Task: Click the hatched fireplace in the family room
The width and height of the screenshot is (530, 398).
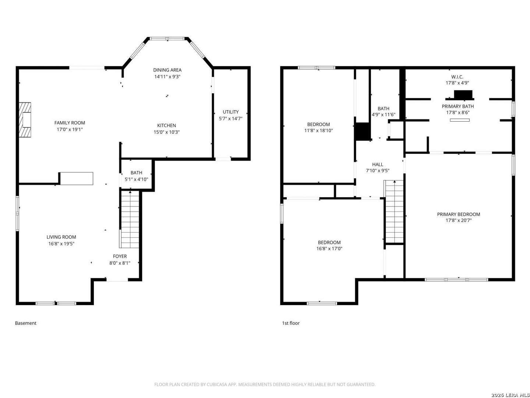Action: click(25, 120)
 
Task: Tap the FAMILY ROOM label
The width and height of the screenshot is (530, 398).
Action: click(70, 123)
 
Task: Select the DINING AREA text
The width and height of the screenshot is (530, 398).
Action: click(167, 70)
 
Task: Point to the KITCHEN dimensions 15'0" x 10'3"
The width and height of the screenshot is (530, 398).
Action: click(167, 132)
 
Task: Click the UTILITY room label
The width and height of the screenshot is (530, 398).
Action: click(231, 112)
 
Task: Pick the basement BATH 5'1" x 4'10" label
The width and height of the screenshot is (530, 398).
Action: click(137, 176)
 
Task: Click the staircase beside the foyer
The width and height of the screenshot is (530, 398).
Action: click(130, 219)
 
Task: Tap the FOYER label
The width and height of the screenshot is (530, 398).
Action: click(120, 256)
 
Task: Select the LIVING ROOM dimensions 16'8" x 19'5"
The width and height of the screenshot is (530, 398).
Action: click(61, 244)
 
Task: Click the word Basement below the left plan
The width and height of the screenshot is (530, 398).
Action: click(26, 323)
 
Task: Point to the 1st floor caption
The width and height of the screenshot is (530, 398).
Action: click(291, 323)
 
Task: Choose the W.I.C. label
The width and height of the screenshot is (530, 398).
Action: click(457, 77)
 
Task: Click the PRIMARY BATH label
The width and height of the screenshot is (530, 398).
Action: click(457, 107)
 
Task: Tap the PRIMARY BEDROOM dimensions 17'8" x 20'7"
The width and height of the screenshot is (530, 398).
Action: click(459, 220)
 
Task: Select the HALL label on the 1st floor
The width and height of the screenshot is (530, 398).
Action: click(378, 165)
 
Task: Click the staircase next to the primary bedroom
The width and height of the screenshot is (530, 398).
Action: click(394, 212)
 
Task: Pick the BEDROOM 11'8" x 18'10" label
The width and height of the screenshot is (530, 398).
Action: click(318, 128)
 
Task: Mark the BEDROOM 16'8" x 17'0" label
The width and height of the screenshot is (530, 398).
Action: click(329, 245)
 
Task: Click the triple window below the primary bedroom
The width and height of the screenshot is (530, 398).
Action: click(456, 280)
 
